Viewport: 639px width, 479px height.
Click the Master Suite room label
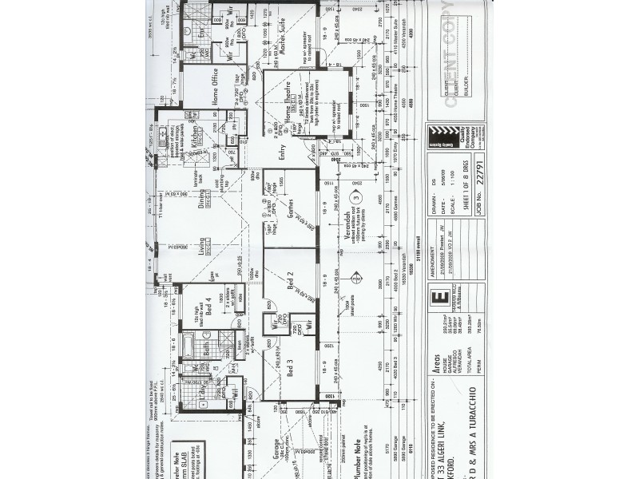(x=280, y=37)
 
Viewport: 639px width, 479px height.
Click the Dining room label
(x=204, y=203)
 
